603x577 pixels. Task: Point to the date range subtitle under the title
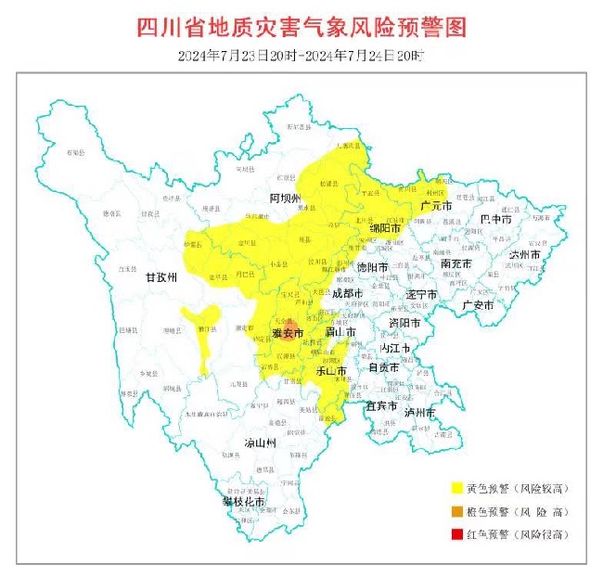[x=301, y=56]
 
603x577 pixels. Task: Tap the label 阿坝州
[x=286, y=199]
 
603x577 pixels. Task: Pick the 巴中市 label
[x=496, y=220]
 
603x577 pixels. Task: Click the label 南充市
[x=456, y=264]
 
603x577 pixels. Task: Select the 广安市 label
[x=480, y=304]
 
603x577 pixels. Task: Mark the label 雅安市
[x=288, y=333]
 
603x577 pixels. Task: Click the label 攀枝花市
[x=243, y=501]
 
